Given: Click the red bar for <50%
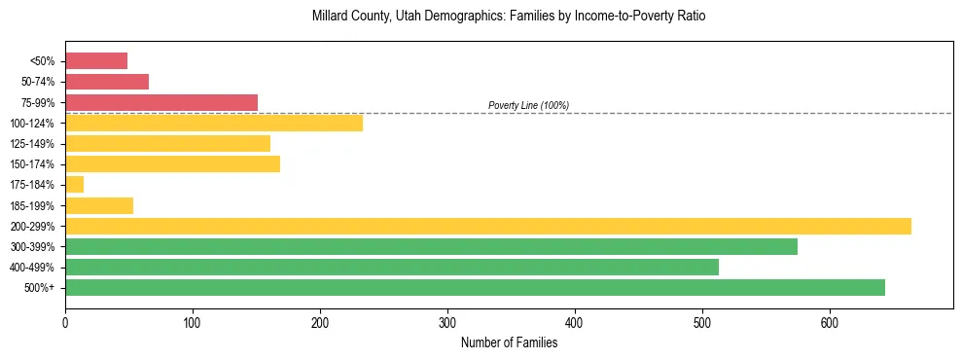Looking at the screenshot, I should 96,61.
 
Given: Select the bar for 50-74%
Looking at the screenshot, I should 107,82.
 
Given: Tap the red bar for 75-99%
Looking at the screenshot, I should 161,102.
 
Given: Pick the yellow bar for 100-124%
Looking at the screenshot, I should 214,123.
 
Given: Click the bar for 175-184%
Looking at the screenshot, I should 75,185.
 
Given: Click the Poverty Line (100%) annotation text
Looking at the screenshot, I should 528,105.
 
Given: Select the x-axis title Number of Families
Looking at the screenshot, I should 509,342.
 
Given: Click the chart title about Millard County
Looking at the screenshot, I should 509,17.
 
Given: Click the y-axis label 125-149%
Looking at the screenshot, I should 33,144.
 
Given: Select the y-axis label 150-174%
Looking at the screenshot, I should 33,164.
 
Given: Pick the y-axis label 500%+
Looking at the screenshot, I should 40,288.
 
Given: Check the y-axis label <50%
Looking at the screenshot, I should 42,61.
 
